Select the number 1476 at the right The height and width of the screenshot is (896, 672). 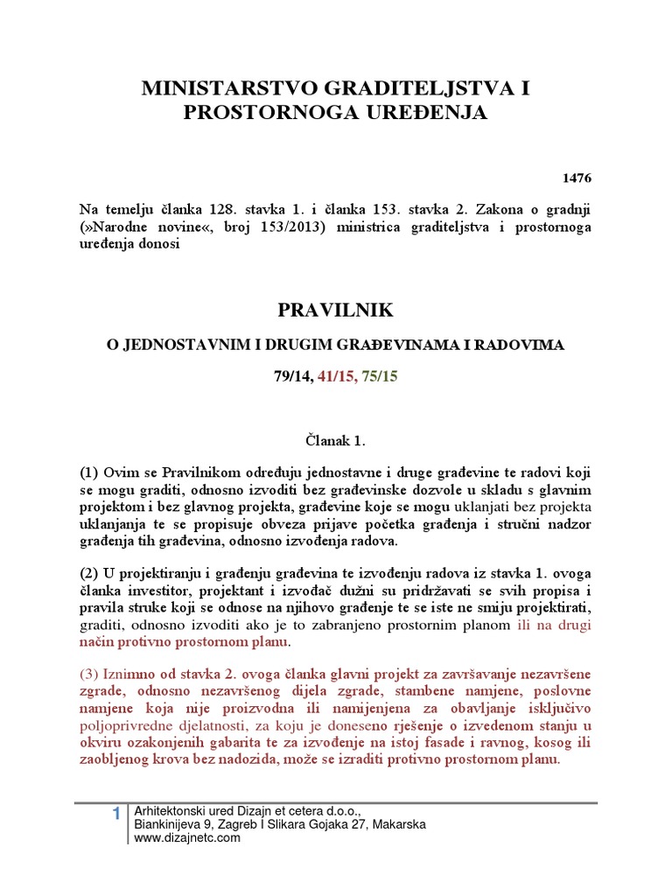tap(576, 178)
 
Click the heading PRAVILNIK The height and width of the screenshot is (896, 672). tap(336, 311)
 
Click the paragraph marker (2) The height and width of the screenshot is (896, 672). tap(89, 574)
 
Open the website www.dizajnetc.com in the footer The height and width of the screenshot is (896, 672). tap(188, 838)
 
